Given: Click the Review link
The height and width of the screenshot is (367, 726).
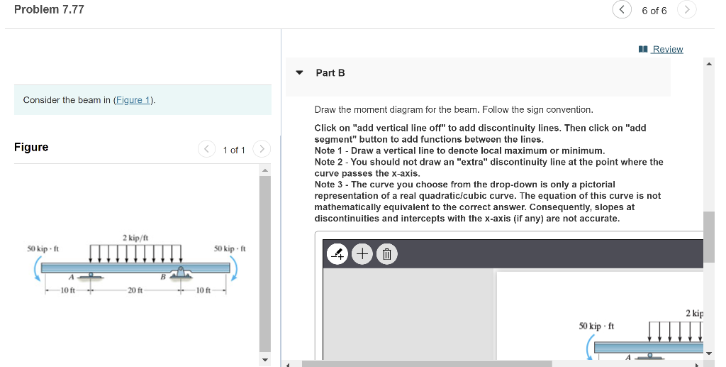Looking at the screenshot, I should tap(667, 49).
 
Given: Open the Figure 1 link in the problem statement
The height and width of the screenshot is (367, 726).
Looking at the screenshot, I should tap(133, 100).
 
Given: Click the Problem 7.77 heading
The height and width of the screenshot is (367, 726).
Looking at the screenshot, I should tap(49, 9).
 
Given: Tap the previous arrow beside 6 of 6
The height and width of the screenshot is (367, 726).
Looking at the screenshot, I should tap(622, 10).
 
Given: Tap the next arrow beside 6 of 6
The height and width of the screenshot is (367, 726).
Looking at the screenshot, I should tap(686, 10).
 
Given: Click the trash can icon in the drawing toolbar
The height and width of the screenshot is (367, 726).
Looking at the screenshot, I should tap(386, 253).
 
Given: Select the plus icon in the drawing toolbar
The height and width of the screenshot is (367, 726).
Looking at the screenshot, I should tap(362, 253).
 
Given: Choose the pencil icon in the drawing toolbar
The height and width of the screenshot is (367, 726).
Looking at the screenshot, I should tap(338, 253).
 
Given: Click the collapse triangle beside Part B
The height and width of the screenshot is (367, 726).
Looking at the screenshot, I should tap(299, 72).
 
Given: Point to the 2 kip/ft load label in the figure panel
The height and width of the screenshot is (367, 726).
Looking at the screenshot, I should tap(135, 237).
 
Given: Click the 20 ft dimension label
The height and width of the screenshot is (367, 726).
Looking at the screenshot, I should tap(135, 290).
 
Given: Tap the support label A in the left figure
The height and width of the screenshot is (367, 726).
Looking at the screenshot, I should tap(71, 277).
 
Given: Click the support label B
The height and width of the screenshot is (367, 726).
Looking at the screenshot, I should tap(162, 277).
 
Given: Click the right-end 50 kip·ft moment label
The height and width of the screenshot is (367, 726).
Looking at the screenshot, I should tap(229, 248).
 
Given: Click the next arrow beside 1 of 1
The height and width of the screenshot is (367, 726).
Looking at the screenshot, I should tap(262, 150).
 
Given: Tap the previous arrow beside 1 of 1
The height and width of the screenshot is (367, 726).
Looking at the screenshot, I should tap(206, 150).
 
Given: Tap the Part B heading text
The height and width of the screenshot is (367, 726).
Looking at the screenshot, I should tap(330, 72).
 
